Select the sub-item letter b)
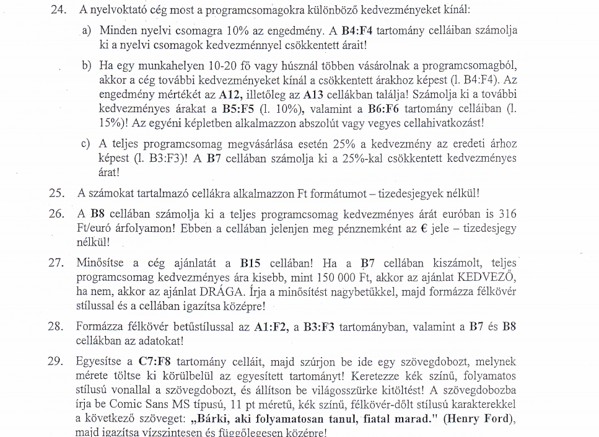tap(87, 65)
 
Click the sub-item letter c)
tap(87, 144)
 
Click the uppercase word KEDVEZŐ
tap(488, 277)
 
